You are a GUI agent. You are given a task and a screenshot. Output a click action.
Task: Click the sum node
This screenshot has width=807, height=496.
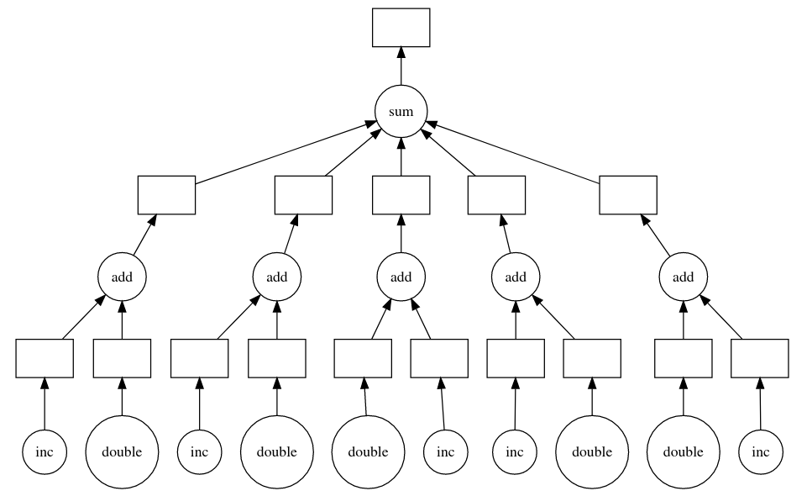click(x=401, y=112)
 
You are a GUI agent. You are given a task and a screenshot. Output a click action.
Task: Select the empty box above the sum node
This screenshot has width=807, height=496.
click(x=401, y=28)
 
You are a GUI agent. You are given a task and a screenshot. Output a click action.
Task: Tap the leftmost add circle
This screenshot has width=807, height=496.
click(x=123, y=276)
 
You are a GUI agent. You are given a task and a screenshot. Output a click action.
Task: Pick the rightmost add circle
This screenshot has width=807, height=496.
click(x=684, y=276)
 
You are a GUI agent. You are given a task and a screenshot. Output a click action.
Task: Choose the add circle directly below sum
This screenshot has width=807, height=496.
click(x=401, y=276)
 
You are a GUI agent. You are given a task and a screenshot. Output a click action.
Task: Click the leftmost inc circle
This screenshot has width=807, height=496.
click(x=45, y=451)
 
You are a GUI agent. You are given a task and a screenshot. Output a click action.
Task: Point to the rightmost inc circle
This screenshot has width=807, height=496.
click(x=761, y=451)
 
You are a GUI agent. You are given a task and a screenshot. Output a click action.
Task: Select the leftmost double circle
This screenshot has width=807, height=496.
click(x=123, y=451)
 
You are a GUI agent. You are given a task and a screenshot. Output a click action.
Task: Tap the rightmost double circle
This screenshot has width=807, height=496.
click(x=684, y=451)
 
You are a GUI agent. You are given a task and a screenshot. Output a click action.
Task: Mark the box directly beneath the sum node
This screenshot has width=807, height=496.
click(x=401, y=195)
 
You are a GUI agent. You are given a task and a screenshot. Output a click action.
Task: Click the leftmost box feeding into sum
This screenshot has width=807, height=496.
click(x=167, y=195)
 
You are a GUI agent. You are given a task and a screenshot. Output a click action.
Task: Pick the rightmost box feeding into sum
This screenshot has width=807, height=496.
click(x=628, y=195)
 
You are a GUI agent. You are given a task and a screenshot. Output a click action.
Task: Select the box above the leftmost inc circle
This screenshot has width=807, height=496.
click(x=45, y=359)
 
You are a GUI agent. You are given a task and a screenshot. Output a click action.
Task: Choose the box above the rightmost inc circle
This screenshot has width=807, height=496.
click(x=760, y=359)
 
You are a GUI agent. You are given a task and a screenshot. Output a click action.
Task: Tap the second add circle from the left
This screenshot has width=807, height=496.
click(x=277, y=276)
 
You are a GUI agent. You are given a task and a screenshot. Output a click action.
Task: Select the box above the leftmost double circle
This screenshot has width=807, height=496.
click(x=123, y=359)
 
